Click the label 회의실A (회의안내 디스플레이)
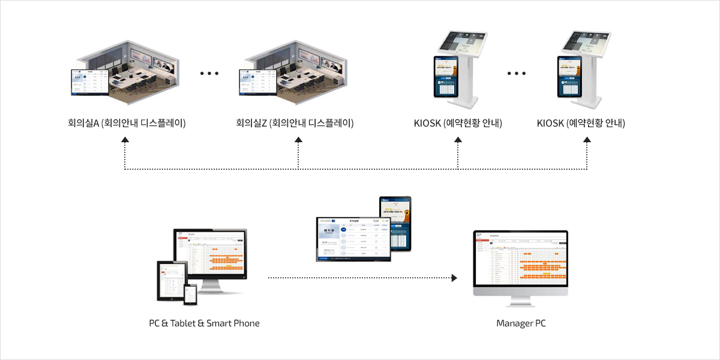click(127, 124)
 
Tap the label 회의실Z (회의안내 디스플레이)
click(295, 124)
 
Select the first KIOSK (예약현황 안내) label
click(458, 124)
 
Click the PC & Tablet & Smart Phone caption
click(205, 323)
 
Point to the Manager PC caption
click(521, 323)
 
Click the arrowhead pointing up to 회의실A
click(125, 139)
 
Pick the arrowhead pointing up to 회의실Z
click(298, 139)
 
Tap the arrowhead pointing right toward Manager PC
click(454, 278)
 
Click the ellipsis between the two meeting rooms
click(209, 74)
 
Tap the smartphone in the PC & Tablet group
click(190, 294)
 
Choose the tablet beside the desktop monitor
click(169, 280)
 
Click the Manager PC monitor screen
click(520, 259)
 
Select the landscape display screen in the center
click(353, 238)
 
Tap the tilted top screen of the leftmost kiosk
click(464, 41)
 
